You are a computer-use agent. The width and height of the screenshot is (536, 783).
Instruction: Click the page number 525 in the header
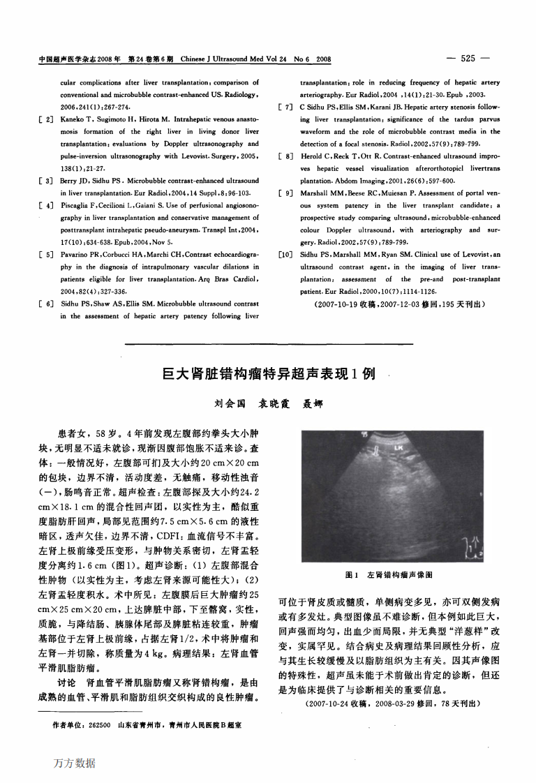tap(468, 59)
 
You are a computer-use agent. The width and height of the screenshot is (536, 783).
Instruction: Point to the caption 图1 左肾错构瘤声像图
tap(389, 576)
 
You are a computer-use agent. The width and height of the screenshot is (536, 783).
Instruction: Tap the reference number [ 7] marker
tap(285, 107)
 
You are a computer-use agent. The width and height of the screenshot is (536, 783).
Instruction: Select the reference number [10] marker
tap(285, 255)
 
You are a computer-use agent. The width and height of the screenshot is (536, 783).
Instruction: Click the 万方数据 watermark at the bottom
tap(75, 763)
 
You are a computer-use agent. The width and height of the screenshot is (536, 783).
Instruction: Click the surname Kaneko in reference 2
tap(73, 121)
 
